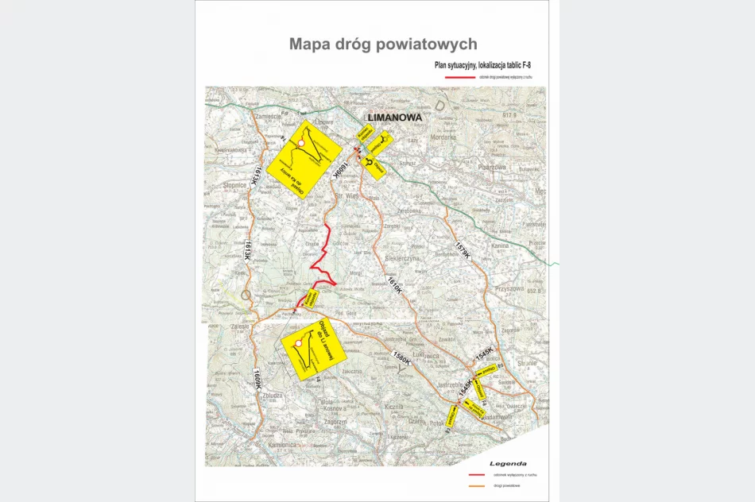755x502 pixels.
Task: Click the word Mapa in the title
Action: tap(312, 44)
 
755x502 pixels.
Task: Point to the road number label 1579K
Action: tap(463, 249)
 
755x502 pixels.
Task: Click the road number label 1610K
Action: tap(394, 284)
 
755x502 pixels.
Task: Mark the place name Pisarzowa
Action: tap(498, 168)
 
